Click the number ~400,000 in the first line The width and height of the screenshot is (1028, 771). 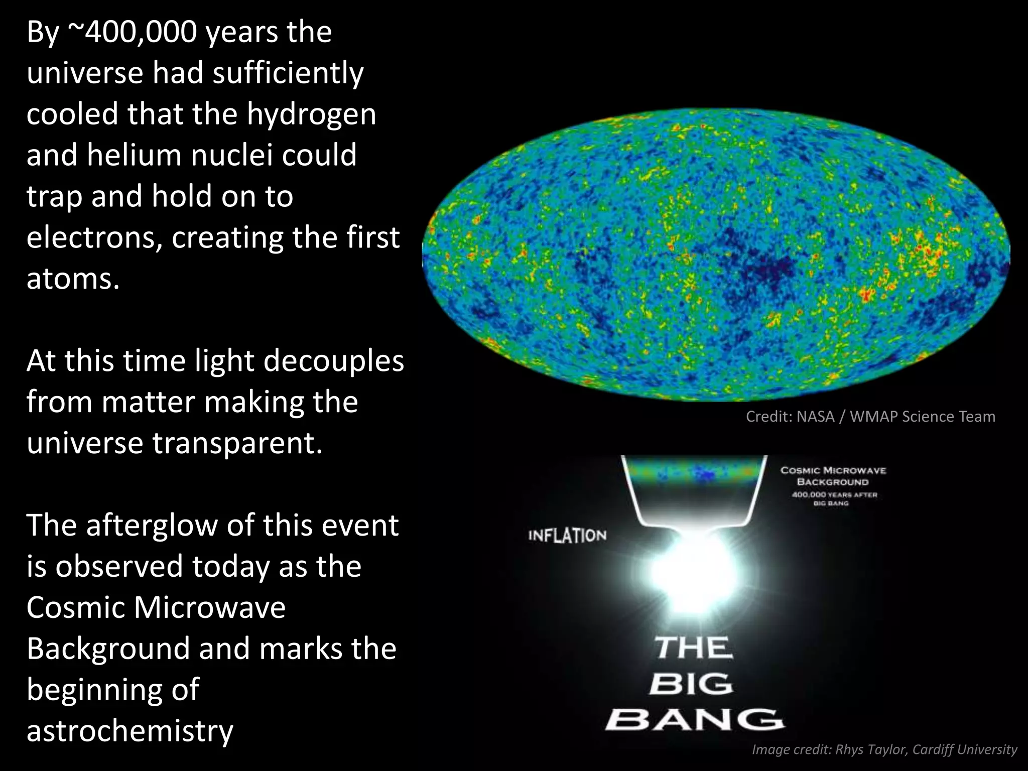point(132,32)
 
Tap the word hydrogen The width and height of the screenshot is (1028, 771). point(311,114)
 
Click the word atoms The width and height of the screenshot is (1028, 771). point(73,279)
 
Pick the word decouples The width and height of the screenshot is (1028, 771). point(333,361)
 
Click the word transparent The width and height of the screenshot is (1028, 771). point(237,443)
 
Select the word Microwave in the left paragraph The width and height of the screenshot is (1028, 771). point(209,608)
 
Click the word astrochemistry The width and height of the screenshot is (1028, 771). point(130,731)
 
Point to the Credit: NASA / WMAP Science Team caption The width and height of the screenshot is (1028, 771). point(870,417)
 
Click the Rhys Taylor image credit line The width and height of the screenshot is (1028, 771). point(884,749)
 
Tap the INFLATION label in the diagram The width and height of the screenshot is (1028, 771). point(567,536)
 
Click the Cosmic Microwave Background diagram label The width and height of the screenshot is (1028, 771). point(833,476)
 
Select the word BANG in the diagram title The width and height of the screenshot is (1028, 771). point(694,720)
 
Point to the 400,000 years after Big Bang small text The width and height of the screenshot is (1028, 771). point(834,498)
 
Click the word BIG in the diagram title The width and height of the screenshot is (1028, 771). point(691,684)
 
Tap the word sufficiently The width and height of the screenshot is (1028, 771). point(288,73)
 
